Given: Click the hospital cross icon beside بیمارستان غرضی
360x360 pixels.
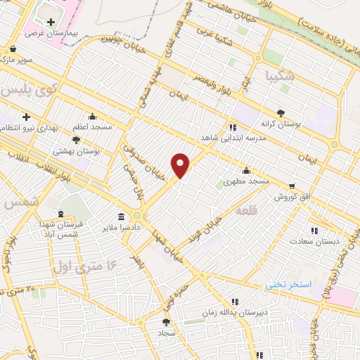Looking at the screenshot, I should coord(51,22).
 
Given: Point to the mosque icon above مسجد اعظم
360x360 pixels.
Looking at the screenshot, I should coord(92,117).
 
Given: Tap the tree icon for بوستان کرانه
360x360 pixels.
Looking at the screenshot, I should coord(281,112).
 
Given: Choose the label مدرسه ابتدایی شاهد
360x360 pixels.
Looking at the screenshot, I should coord(233,139).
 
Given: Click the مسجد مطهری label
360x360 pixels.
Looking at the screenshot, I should coord(247,181).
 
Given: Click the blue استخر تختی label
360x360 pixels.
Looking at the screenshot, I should coord(287,285).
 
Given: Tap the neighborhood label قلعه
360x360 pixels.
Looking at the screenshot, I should coord(247,210).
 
